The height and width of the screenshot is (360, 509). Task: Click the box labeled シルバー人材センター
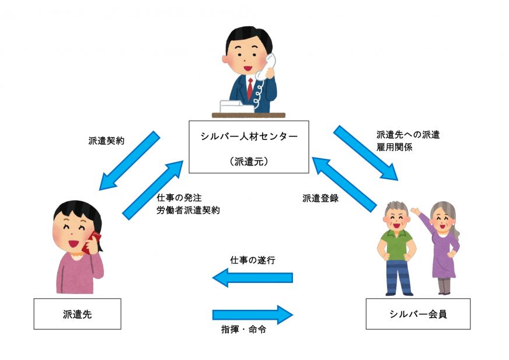(x=248, y=147)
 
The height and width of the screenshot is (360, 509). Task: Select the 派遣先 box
(x=77, y=314)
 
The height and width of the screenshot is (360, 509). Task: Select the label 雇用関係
(x=395, y=148)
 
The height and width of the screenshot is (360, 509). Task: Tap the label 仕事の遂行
(x=253, y=260)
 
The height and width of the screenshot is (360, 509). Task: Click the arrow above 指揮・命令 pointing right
(x=252, y=314)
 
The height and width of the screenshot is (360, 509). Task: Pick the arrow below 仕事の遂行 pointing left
(x=252, y=277)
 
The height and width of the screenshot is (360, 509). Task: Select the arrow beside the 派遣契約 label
(x=129, y=160)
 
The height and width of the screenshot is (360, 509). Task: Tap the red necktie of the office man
(x=250, y=88)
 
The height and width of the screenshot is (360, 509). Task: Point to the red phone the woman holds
(x=93, y=242)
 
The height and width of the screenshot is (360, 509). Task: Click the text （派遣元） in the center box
(x=249, y=162)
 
